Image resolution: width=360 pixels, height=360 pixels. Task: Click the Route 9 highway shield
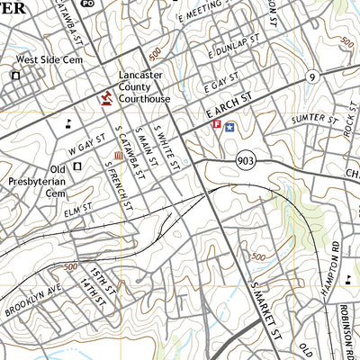(x=311, y=76)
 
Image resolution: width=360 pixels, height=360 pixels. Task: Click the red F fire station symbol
(x=216, y=127)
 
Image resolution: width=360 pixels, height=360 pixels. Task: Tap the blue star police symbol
(x=230, y=127)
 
